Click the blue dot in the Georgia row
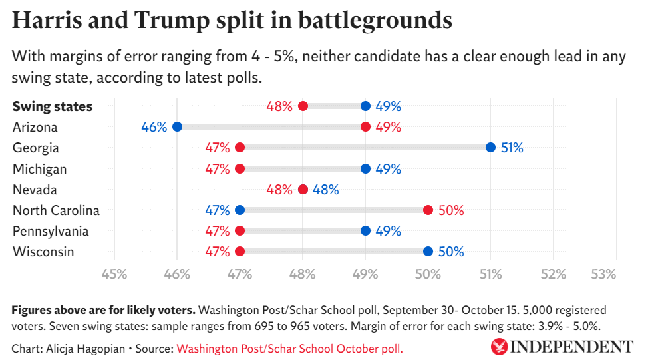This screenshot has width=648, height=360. point(490,148)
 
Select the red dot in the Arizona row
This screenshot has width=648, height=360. point(365,127)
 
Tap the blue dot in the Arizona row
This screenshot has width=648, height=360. point(177,127)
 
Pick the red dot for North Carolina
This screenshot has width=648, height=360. point(428,210)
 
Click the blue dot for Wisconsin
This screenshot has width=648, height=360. point(428,252)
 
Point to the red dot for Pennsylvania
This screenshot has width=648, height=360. point(240,231)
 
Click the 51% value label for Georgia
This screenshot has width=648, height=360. point(512,148)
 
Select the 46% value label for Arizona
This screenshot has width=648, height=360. point(154,127)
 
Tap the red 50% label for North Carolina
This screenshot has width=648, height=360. point(450,210)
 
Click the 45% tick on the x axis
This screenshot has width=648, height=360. point(114,273)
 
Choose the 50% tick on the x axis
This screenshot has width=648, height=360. point(428,273)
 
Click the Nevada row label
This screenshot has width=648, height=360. point(35,190)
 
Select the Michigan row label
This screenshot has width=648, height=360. point(40,169)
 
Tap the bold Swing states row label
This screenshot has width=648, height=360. point(53,106)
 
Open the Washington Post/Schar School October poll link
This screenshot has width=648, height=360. point(289,348)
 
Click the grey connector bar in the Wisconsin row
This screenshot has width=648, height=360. point(333,252)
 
